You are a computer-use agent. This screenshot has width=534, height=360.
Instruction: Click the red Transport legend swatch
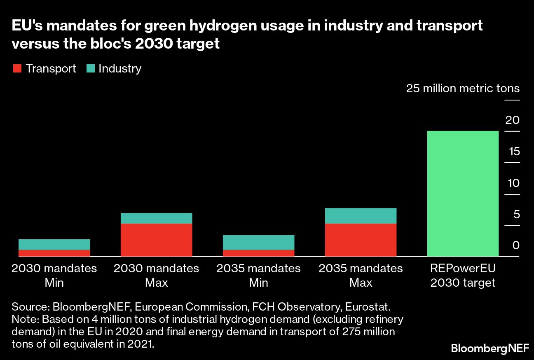17,68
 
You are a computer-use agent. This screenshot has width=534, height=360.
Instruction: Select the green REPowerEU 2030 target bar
463,194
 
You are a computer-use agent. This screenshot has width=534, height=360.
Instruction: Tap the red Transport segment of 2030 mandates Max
156,240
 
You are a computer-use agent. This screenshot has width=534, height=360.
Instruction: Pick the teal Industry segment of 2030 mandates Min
54,244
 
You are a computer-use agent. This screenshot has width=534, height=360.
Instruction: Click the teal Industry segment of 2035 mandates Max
361,216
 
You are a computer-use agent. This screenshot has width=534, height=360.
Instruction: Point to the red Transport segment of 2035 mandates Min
258,253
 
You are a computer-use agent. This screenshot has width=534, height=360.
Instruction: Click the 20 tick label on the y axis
513,120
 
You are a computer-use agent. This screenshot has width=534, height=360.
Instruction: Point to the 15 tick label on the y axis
513,152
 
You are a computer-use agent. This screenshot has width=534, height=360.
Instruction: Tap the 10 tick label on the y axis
513,183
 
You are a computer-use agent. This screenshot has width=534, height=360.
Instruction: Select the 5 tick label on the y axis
516,214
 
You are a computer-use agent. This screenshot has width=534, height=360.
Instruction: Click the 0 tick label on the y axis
516,245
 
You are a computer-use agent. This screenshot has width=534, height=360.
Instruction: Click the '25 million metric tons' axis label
463,89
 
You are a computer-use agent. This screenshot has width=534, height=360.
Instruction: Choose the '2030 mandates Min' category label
54,276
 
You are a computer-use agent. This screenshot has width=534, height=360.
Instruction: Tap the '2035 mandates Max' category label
361,276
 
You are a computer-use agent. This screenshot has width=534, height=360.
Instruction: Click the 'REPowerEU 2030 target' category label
463,276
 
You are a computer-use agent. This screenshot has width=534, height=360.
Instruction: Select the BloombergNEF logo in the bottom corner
489,348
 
